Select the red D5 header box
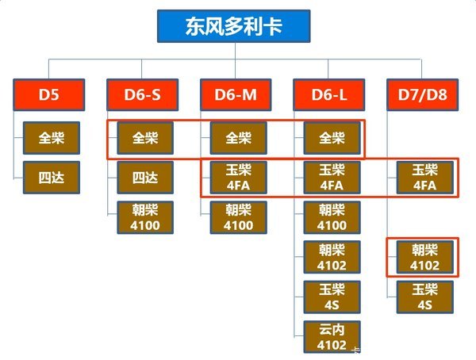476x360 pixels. (x=49, y=96)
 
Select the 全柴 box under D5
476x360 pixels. (x=52, y=138)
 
